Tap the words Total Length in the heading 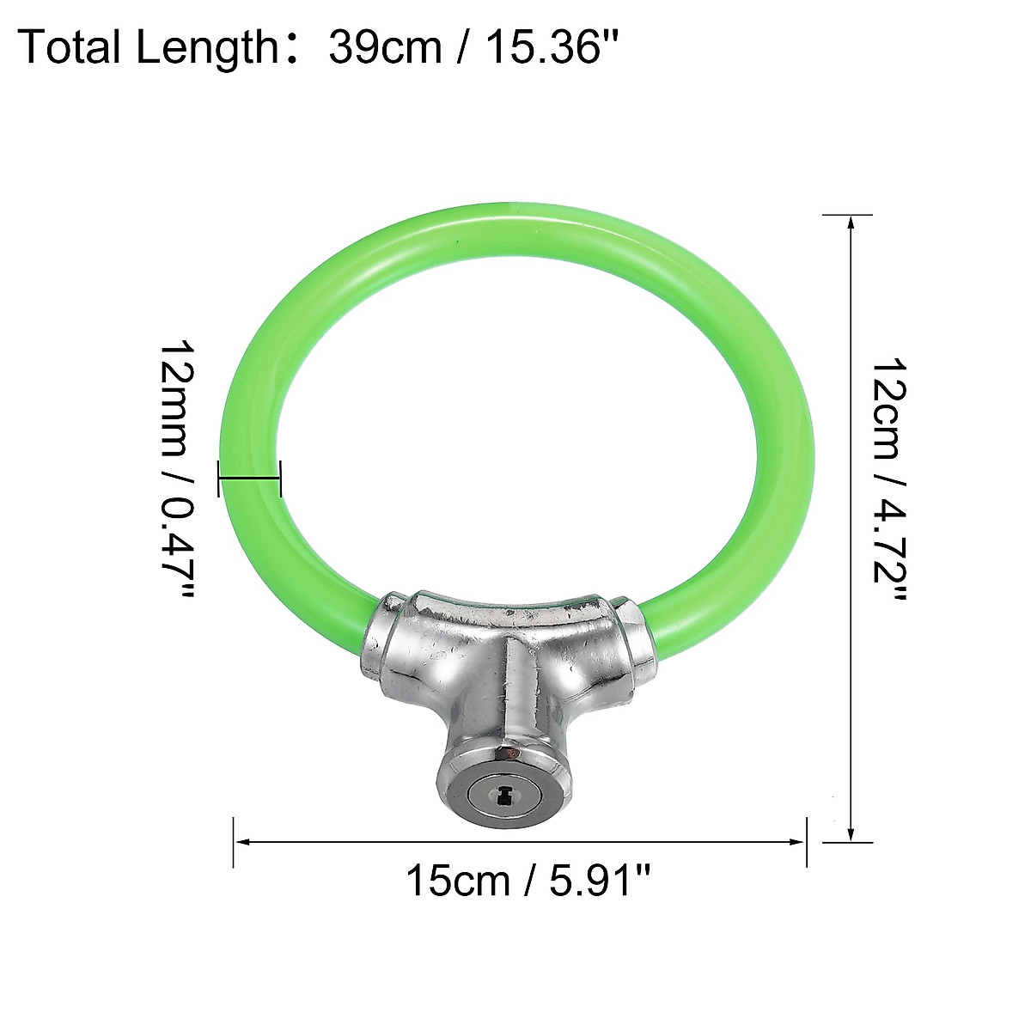(x=148, y=48)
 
